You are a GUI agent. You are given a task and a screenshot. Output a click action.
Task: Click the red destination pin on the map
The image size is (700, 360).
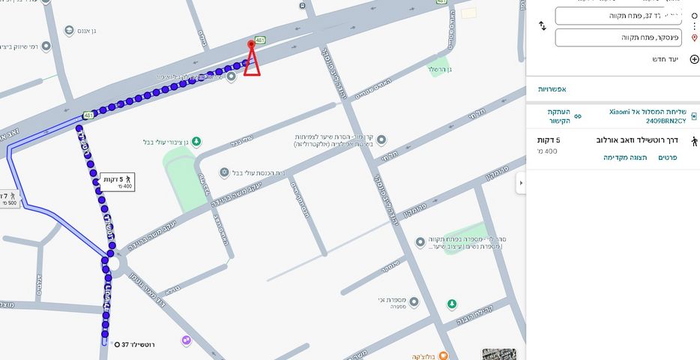252,46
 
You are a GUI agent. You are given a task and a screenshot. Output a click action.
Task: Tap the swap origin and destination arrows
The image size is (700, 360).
543,26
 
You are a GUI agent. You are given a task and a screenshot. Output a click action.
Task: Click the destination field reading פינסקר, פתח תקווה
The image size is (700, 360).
618,37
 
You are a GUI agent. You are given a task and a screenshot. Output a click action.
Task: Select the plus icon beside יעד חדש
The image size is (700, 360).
694,59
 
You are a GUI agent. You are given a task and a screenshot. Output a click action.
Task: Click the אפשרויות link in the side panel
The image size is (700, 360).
552,89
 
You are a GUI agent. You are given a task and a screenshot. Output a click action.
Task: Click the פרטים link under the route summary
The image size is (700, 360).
668,157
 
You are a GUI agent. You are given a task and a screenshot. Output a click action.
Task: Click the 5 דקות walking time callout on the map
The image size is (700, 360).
118,181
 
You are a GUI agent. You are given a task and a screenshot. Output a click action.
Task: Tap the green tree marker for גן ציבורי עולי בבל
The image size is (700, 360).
196,142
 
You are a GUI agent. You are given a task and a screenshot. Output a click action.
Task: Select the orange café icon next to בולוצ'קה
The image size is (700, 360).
443,355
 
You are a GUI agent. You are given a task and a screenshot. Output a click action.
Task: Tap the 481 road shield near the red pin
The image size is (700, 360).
260,40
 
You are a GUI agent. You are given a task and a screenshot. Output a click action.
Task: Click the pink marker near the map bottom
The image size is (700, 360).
186,340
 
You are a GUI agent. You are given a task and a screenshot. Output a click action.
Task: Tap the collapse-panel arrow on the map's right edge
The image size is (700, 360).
520,183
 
